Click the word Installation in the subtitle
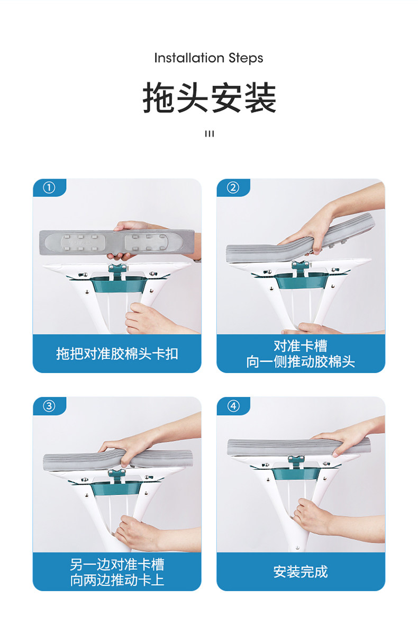point(189,58)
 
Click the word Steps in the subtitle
point(246,58)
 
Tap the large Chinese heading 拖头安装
point(210,97)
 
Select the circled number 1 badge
point(49,187)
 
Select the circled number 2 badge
point(233,187)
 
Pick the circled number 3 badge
point(49,406)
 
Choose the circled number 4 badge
point(233,406)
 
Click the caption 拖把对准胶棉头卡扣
point(117,353)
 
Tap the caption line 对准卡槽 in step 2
point(301,346)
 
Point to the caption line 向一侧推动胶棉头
point(301,361)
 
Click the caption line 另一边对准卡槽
point(117,564)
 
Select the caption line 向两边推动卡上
point(117,579)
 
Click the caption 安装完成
point(301,571)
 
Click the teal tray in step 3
point(116,489)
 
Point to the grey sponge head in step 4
point(298,447)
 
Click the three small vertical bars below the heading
point(210,134)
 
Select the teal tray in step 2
point(301,281)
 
